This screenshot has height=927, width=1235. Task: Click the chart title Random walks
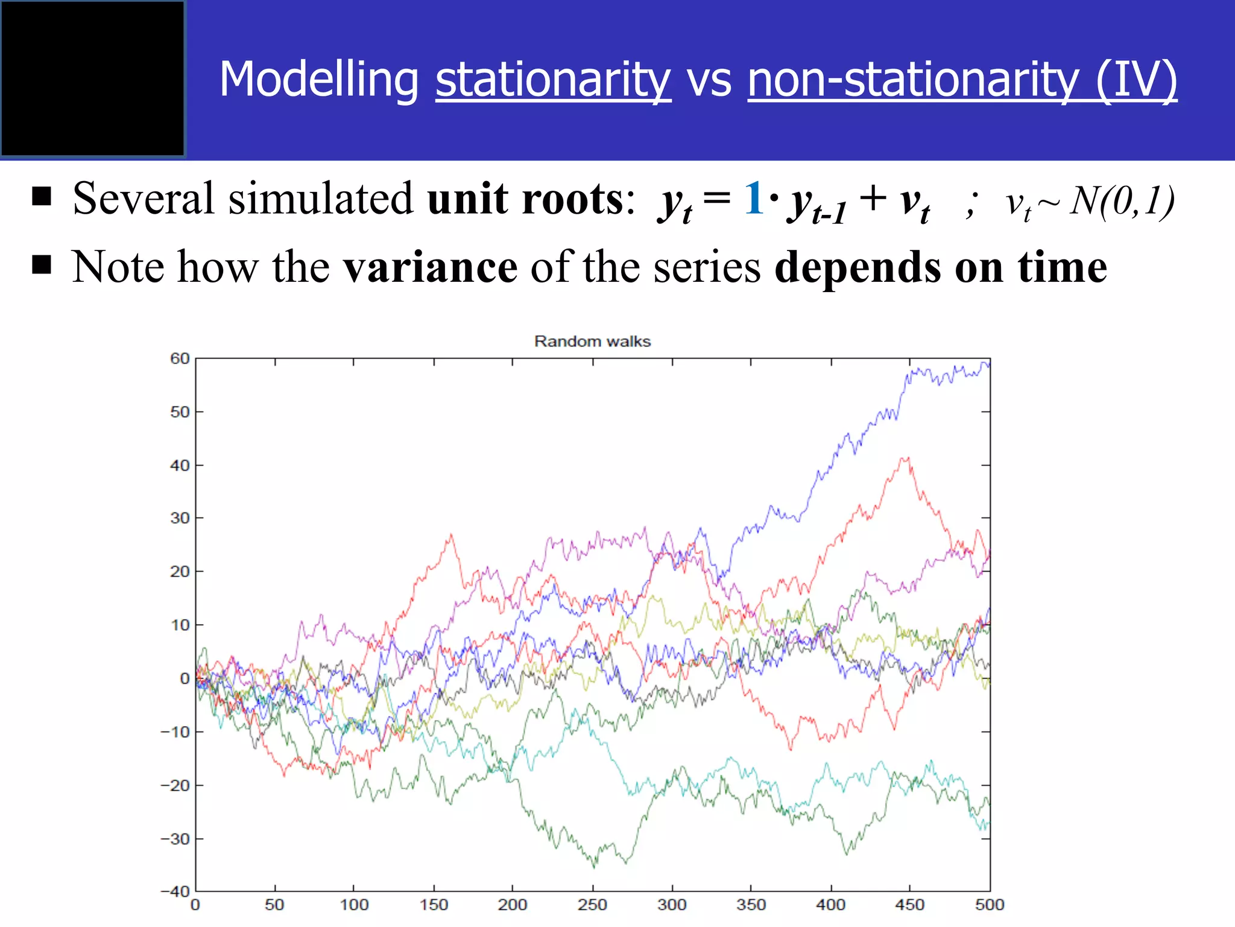[592, 342]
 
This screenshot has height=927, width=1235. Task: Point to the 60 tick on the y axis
[180, 358]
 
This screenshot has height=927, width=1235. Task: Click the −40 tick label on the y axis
[175, 891]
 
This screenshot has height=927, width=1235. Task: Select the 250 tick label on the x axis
[592, 905]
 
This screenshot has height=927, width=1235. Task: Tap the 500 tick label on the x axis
[989, 905]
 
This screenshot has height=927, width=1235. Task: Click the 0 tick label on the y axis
[185, 678]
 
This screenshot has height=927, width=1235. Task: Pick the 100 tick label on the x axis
[354, 905]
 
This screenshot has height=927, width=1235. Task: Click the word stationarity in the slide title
[553, 80]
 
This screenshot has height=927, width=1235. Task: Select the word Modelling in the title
[319, 80]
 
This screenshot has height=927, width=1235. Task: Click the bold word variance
[430, 267]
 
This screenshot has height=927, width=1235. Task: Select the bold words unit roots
[526, 198]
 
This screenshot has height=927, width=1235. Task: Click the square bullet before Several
[42, 196]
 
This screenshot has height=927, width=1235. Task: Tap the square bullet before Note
[42, 264]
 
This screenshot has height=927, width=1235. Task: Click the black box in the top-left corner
[93, 79]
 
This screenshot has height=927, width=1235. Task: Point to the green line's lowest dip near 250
[595, 867]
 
